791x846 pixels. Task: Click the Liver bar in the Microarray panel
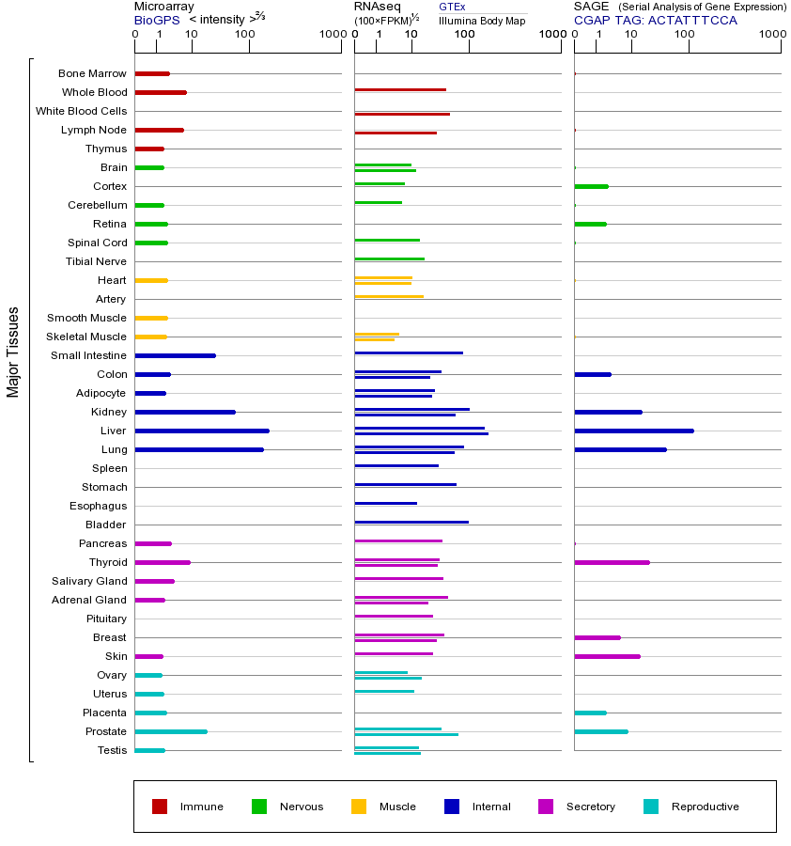tap(202, 431)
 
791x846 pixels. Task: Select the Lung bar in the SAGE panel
tap(620, 449)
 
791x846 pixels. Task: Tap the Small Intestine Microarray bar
tap(175, 355)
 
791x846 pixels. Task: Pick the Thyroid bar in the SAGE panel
tap(612, 562)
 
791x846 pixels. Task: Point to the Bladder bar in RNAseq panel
tap(411, 522)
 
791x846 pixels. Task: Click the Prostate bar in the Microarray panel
tap(171, 731)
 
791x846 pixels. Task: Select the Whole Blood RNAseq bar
tap(400, 89)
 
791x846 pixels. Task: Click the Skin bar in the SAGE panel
tap(607, 656)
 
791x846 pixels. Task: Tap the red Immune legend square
tap(160, 807)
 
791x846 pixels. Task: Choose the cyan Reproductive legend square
tap(651, 807)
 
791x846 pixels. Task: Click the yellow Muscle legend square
tap(359, 807)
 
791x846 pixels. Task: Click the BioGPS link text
tap(157, 20)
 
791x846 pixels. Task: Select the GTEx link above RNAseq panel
tap(452, 7)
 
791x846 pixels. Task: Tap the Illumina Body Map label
tap(482, 20)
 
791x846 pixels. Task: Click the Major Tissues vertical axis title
tap(13, 351)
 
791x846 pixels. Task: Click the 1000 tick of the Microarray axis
tap(331, 35)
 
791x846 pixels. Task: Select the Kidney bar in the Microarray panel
tap(185, 412)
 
